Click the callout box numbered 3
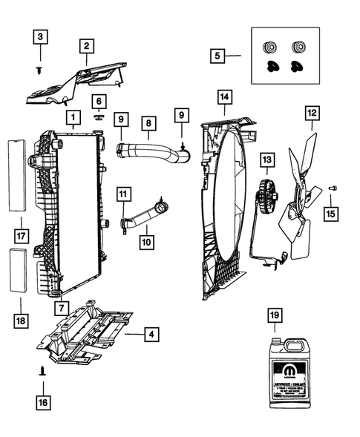pos(41,36)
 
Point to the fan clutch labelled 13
pos(264,197)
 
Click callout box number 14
pos(224,96)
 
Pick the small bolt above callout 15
pos(332,189)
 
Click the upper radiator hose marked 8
pos(151,152)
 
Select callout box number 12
pos(311,114)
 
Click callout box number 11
pos(122,194)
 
